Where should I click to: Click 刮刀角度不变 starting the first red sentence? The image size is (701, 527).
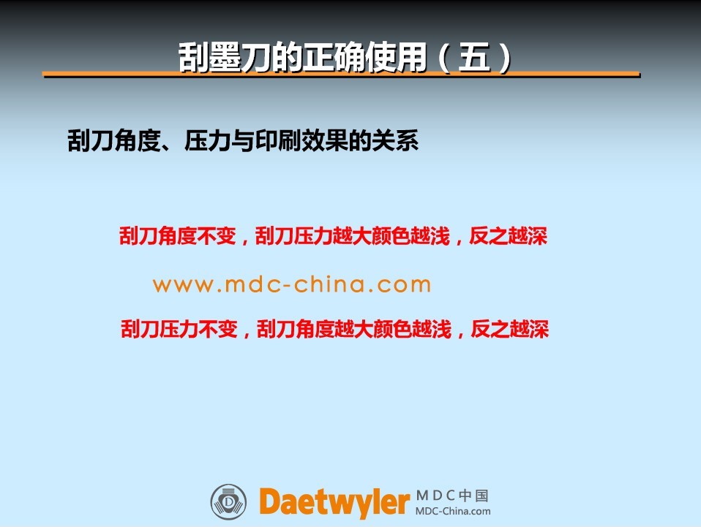tap(177, 236)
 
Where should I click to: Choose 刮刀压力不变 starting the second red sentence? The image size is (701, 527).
tap(179, 329)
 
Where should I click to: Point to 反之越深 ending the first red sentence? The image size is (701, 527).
tap(508, 236)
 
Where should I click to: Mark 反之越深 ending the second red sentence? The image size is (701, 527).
tap(510, 329)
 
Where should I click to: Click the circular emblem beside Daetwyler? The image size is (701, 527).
tap(228, 502)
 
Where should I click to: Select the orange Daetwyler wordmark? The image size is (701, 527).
tap(334, 502)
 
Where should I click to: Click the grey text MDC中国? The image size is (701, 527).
tap(452, 496)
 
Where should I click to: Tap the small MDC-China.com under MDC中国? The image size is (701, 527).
tap(453, 512)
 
